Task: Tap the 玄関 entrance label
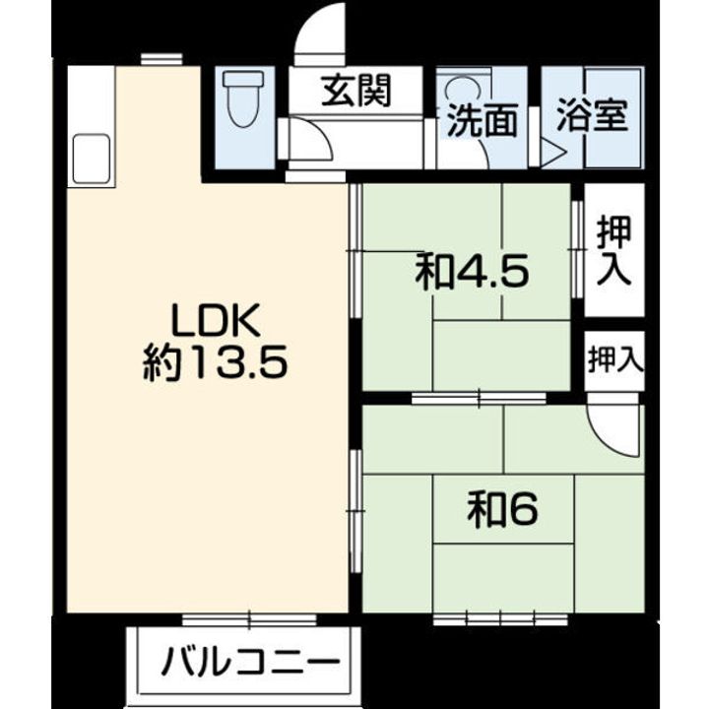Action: pyautogui.click(x=355, y=91)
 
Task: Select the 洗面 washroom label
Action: pyautogui.click(x=482, y=120)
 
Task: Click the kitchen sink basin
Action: pyautogui.click(x=92, y=159)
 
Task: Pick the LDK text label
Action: pyautogui.click(x=216, y=320)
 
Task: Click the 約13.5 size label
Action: pyautogui.click(x=216, y=362)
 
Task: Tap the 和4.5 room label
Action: pyautogui.click(x=472, y=272)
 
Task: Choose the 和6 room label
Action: pyautogui.click(x=503, y=510)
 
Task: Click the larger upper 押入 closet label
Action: pyautogui.click(x=613, y=250)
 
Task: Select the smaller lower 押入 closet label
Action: pyautogui.click(x=615, y=360)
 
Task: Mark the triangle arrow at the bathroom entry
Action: pyautogui.click(x=552, y=153)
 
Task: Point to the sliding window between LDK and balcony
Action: pyautogui.click(x=249, y=620)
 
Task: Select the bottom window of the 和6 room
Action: pyautogui.click(x=500, y=618)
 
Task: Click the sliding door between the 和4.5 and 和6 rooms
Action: pyautogui.click(x=479, y=399)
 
